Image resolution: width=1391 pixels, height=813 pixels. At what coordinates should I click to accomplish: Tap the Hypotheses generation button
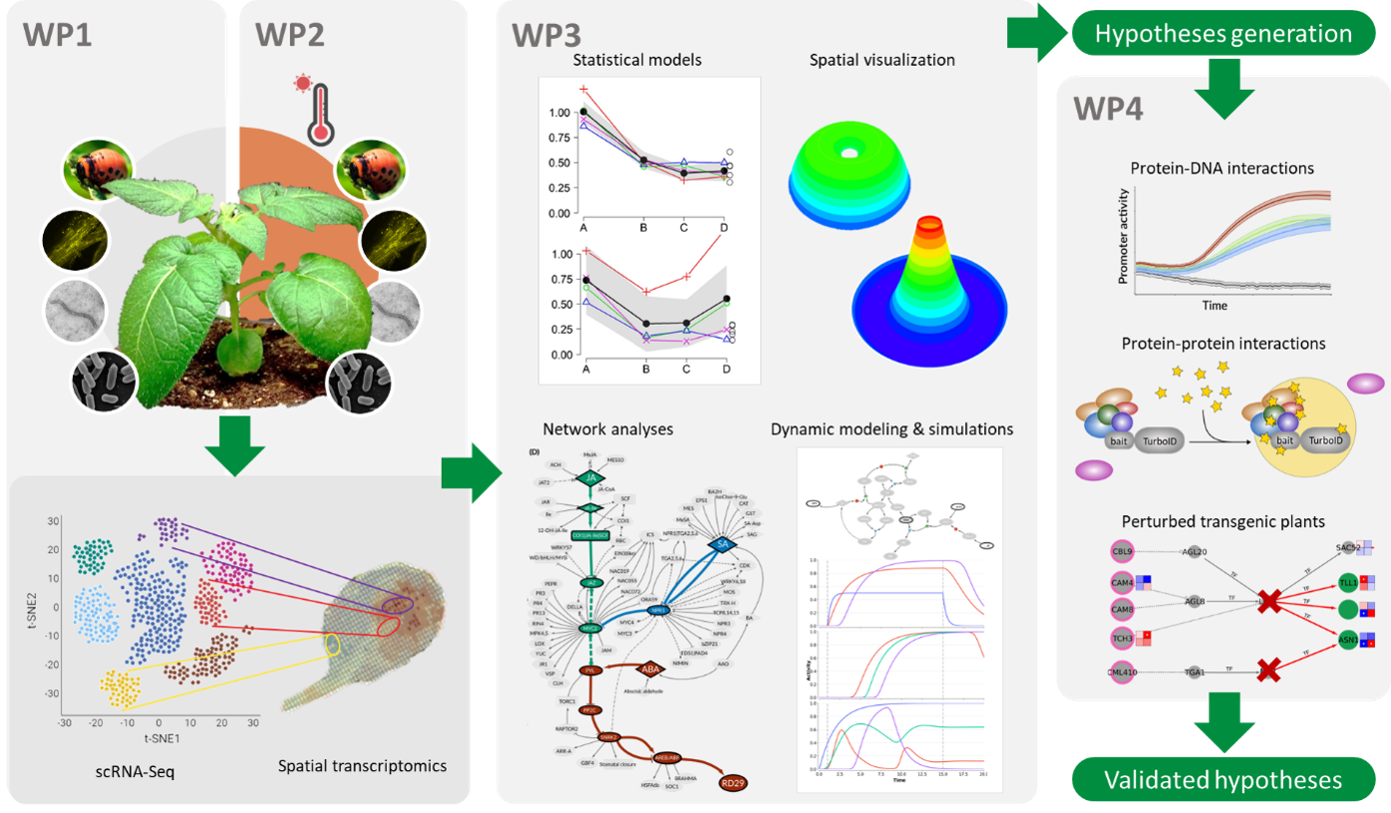pyautogui.click(x=1223, y=35)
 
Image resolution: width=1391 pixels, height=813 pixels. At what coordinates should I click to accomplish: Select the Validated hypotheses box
pyautogui.click(x=1223, y=780)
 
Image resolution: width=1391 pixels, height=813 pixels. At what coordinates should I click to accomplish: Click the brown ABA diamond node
pyautogui.click(x=651, y=668)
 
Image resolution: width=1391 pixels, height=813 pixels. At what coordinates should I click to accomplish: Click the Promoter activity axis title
pyautogui.click(x=1124, y=237)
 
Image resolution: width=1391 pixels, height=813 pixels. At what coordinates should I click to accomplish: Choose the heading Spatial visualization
pyautogui.click(x=881, y=60)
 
